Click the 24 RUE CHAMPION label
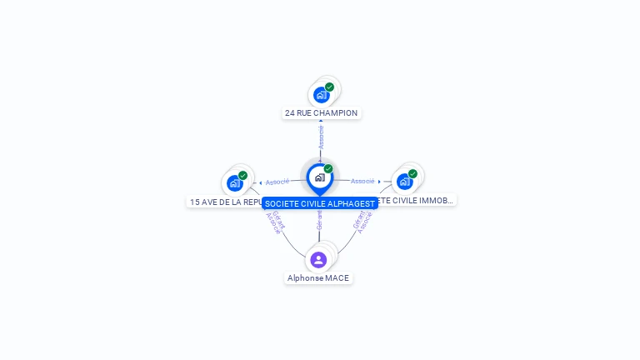point(321,113)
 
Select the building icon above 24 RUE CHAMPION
point(321,95)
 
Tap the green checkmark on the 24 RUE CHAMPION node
point(330,87)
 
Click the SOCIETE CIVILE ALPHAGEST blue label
point(320,203)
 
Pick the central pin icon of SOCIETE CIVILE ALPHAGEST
point(319,177)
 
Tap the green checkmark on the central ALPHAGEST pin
point(328,169)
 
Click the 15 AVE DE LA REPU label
point(225,202)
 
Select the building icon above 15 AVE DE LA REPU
point(234,183)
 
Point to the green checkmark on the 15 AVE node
point(242,175)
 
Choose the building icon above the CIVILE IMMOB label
point(404,182)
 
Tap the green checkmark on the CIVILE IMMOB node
point(412,174)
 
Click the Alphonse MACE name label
point(318,277)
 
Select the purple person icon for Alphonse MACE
point(318,260)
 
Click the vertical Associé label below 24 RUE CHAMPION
point(321,137)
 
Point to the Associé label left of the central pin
point(277,182)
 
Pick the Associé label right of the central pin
point(362,181)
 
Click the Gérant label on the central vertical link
point(319,219)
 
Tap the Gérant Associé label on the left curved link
point(276,222)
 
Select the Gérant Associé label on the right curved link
point(362,222)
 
